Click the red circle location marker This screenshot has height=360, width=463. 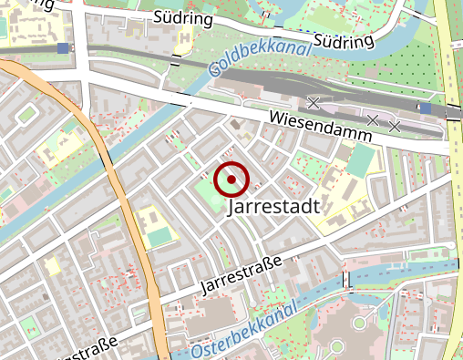tap(231, 180)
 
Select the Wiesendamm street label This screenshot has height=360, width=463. tap(321, 125)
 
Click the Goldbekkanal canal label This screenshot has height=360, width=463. tap(259, 55)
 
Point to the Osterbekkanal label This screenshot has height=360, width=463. tap(245, 333)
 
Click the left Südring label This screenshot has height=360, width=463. tap(184, 18)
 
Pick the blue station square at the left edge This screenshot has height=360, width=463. tap(62, 48)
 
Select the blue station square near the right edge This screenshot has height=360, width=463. tap(426, 108)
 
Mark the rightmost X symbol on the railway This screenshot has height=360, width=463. tap(395, 126)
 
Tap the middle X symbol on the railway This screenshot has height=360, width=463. tap(372, 119)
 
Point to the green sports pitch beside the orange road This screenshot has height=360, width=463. tap(158, 237)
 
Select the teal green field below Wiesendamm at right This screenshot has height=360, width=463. tap(361, 160)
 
